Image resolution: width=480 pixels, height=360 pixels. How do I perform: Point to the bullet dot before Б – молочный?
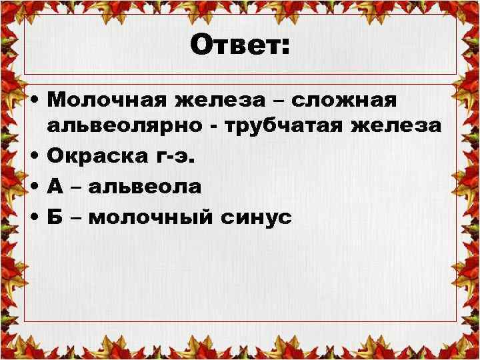(x=34, y=217)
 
